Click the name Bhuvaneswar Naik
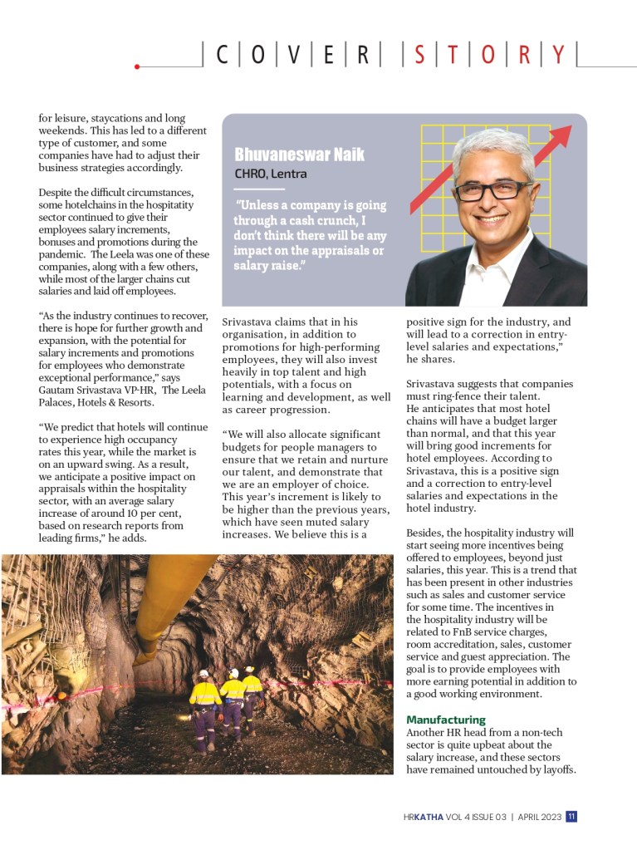[299, 155]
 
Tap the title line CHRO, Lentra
[270, 174]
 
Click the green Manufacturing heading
[445, 720]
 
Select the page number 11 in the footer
[572, 816]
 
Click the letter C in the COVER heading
[223, 56]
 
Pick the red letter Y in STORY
[558, 56]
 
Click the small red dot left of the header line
[137, 66]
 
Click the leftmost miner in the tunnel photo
[204, 701]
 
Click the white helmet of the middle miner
[233, 673]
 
